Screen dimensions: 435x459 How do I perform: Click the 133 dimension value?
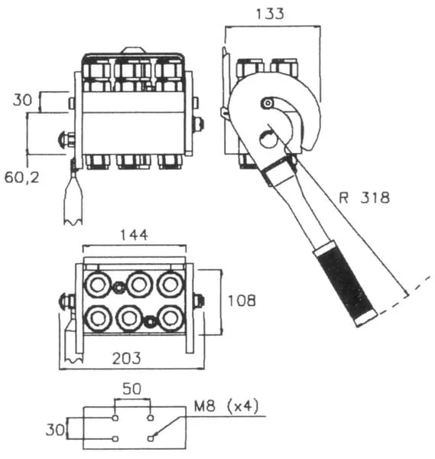[270, 14]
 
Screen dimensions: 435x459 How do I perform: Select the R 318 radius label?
[364, 197]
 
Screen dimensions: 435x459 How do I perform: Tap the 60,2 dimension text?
[21, 177]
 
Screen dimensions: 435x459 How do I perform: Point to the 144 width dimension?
[135, 235]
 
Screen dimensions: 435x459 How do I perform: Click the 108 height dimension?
[242, 301]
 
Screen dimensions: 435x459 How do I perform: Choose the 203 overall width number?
[127, 358]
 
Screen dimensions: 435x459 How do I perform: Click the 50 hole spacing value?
[132, 389]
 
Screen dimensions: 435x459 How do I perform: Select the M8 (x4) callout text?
[227, 405]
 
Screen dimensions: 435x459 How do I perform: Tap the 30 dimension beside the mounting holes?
[55, 430]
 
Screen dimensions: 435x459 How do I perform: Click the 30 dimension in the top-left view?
[22, 100]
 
